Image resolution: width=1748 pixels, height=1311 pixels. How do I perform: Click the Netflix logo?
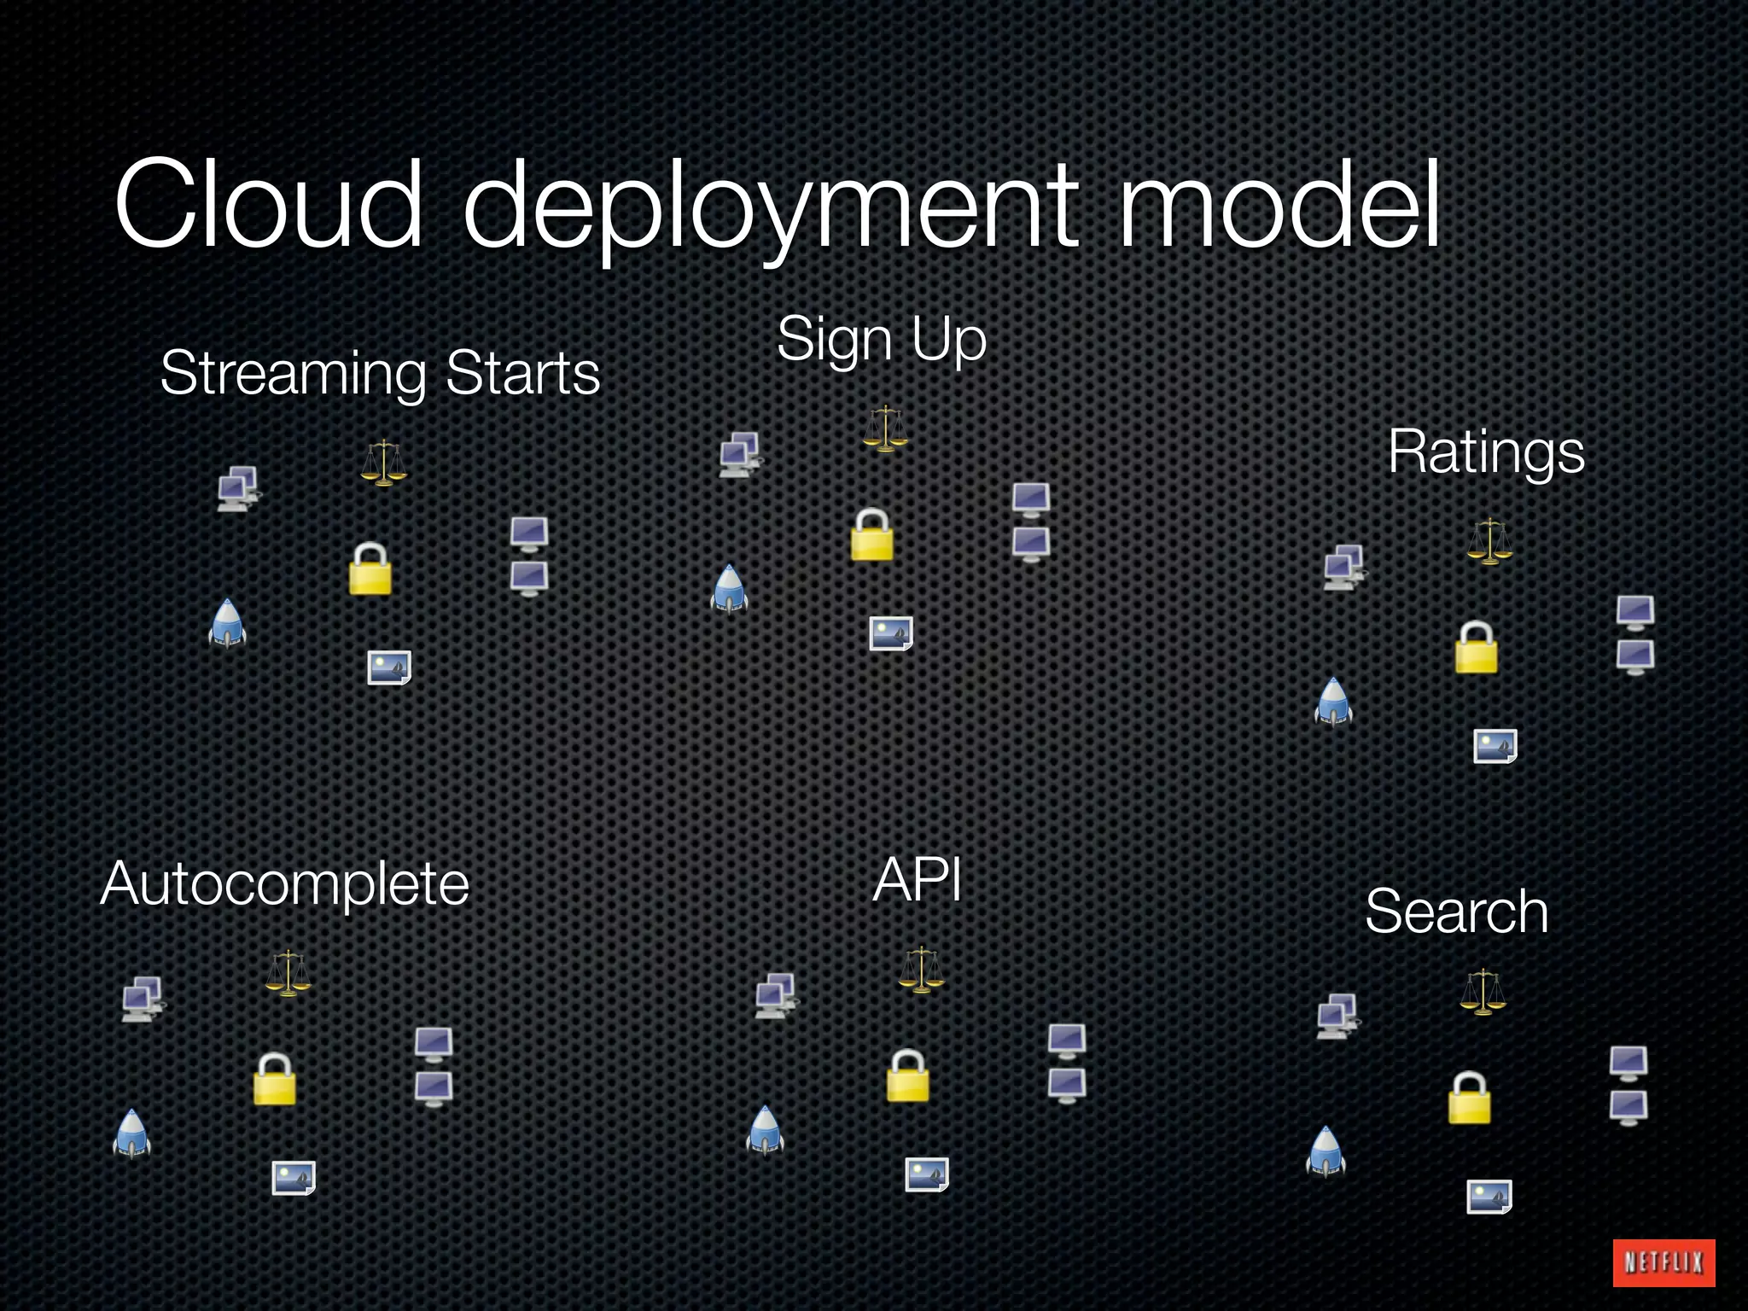point(1664,1262)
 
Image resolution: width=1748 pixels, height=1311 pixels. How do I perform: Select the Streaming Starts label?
point(380,373)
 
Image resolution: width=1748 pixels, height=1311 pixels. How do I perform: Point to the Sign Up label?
point(882,339)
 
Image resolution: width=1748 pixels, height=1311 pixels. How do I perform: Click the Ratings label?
point(1486,452)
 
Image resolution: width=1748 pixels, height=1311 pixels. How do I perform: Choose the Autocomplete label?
point(285,883)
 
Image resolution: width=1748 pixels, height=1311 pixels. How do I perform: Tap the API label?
point(918,880)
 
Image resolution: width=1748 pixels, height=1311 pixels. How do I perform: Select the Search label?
point(1456,912)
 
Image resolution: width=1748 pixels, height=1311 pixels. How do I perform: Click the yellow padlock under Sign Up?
point(872,535)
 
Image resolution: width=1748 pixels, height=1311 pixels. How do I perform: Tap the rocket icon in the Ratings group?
point(1333,702)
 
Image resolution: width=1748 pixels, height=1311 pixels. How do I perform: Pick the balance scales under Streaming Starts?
point(384,463)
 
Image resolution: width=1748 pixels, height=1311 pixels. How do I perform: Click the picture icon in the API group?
point(927,1174)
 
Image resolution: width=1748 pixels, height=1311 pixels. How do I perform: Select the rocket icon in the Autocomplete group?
point(131,1133)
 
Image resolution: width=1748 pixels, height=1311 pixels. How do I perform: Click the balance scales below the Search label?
point(1483,992)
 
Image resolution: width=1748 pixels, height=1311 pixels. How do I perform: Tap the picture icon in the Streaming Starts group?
point(389,667)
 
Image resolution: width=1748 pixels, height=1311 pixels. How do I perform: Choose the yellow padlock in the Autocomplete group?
point(275,1080)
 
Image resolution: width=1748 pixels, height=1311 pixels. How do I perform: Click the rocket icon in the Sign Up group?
point(729,588)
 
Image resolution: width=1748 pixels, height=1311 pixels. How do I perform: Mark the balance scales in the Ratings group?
point(1490,541)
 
